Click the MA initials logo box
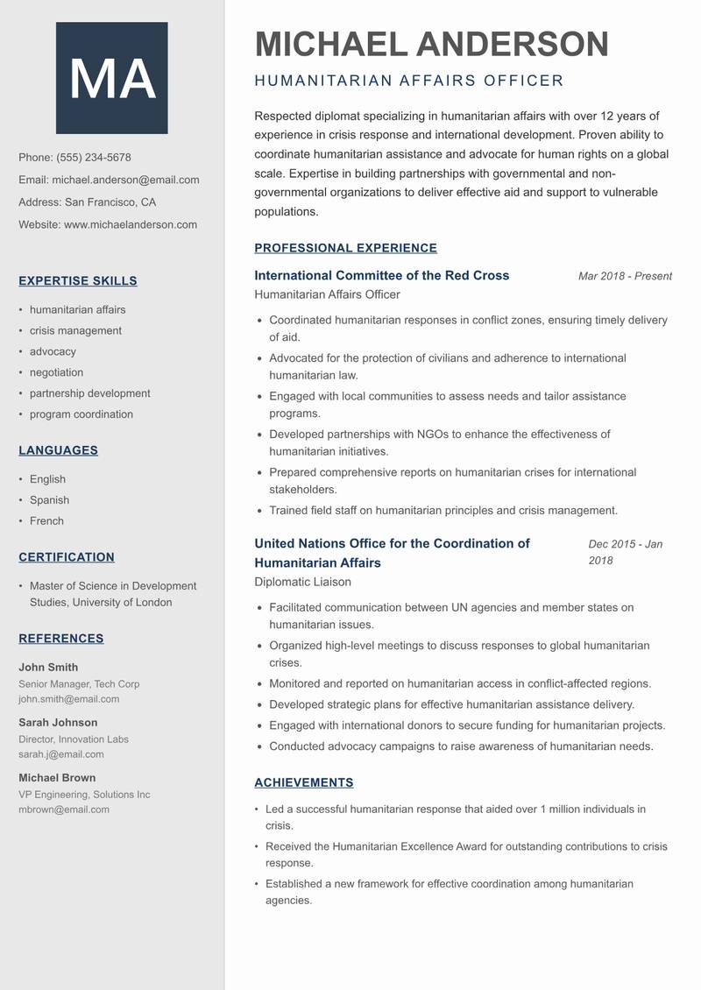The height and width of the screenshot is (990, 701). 111,78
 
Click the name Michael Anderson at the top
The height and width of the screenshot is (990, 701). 431,44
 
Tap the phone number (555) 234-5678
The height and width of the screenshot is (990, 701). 93,158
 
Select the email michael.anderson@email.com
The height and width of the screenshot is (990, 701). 125,180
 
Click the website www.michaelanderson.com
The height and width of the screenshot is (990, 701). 131,224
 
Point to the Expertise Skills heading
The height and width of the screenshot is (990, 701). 78,281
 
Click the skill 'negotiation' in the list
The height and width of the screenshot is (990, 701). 57,372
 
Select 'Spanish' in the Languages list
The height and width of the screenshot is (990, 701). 49,500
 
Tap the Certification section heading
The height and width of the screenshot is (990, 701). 67,557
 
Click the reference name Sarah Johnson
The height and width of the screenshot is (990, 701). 58,723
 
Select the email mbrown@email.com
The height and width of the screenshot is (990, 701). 64,810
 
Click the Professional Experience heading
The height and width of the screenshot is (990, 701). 345,248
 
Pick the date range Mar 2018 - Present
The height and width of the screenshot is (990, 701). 625,276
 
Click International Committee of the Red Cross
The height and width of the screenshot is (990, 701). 381,275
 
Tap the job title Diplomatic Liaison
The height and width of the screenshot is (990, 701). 302,582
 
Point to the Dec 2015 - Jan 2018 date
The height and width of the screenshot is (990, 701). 625,552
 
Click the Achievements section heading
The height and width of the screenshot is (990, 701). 303,782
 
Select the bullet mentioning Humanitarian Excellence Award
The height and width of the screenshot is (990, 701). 465,854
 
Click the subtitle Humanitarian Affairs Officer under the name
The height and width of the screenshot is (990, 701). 408,81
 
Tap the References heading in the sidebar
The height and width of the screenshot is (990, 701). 61,639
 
